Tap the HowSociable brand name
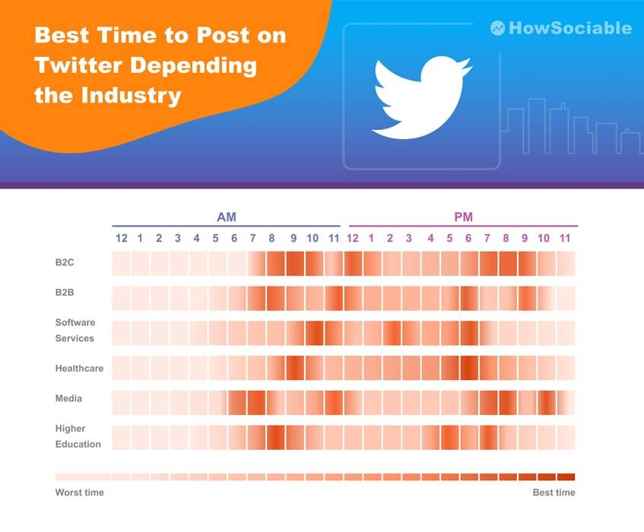pos(570,28)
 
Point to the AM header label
pos(227,217)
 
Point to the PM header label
pos(463,217)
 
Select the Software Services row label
pos(75,331)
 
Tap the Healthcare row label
pos(79,368)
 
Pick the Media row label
pos(68,398)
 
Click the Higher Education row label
pos(78,436)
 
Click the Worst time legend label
pos(79,492)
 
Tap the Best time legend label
pos(554,492)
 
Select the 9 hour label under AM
pos(293,239)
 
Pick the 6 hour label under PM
pos(468,239)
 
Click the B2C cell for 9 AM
pos(294,264)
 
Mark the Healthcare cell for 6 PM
pos(469,368)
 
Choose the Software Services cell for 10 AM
pos(313,333)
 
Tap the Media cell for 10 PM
pos(547,402)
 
